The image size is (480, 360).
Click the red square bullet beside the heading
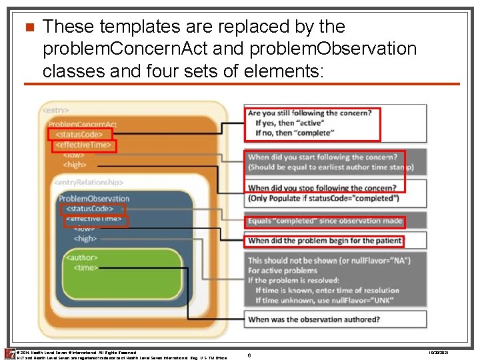point(28,28)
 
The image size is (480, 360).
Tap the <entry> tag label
point(56,109)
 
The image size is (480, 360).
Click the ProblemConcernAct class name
point(82,124)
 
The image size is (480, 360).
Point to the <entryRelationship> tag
point(89,182)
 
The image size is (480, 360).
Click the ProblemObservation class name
point(94,198)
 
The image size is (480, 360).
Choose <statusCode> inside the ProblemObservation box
point(89,209)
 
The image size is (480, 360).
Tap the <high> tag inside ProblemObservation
point(85,238)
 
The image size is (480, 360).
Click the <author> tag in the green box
point(81,257)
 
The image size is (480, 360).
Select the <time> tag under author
point(85,267)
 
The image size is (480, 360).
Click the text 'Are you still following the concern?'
point(309,113)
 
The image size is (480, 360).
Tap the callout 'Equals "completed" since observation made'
point(325,221)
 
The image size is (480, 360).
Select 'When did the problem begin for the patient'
point(325,241)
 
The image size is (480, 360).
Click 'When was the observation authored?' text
point(314,319)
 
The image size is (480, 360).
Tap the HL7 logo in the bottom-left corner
point(9,353)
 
